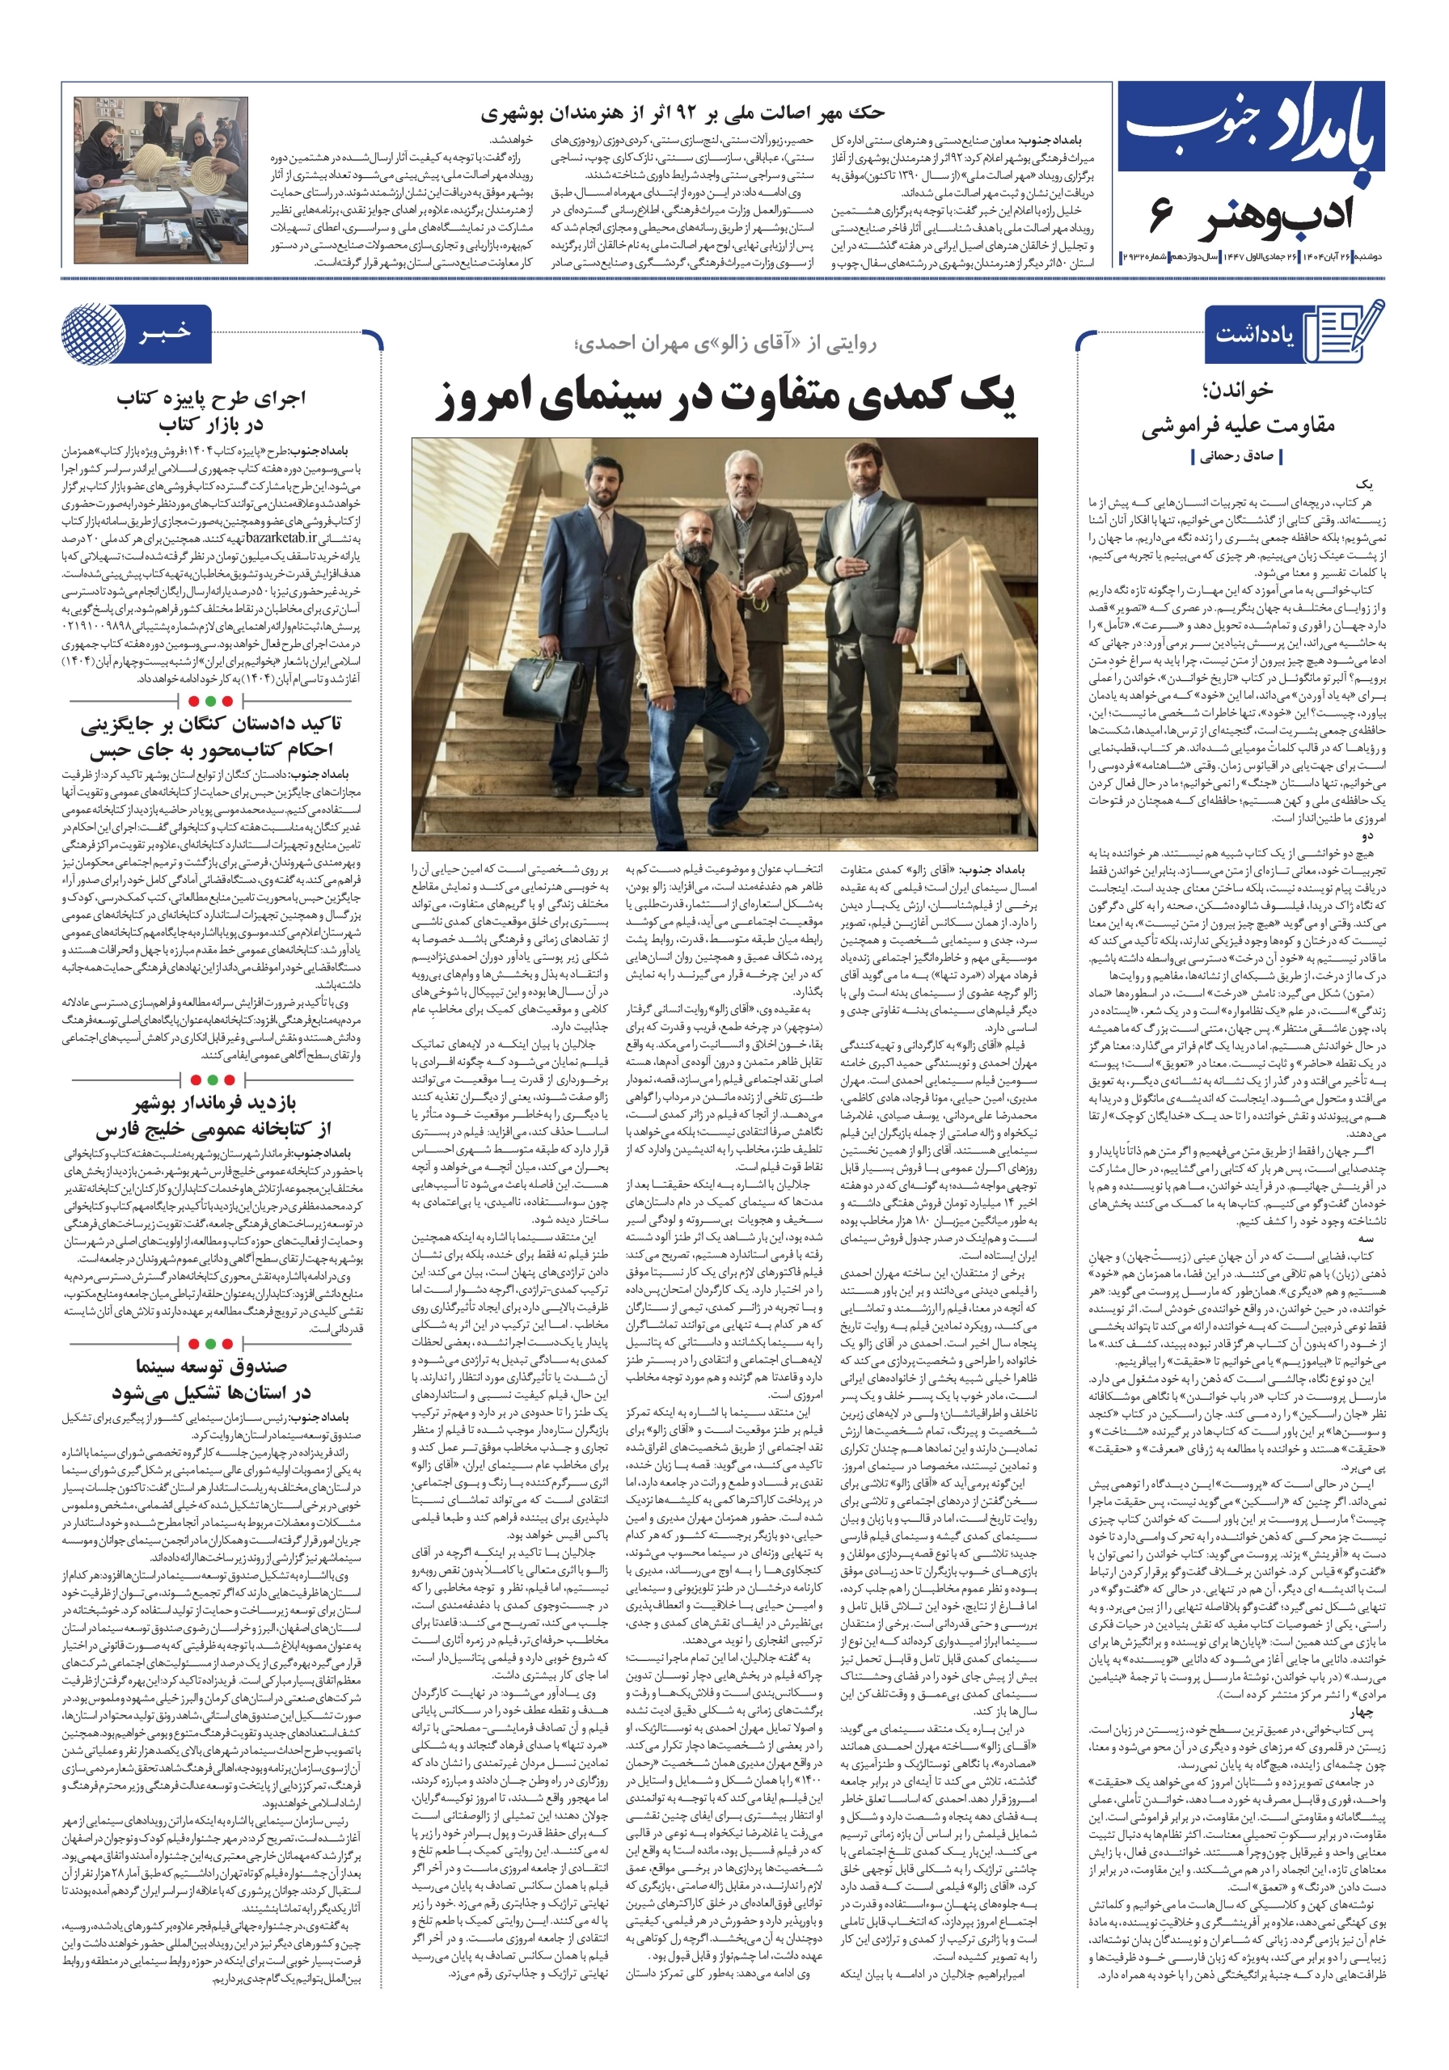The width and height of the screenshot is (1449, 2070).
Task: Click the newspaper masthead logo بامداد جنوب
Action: [x=1248, y=131]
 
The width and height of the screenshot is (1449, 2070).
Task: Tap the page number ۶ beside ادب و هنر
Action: [x=1160, y=214]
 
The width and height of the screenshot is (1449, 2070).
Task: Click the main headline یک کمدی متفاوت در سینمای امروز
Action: [x=726, y=398]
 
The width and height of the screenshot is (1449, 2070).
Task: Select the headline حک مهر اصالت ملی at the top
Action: [x=682, y=112]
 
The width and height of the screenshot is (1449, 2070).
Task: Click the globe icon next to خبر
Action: [x=94, y=334]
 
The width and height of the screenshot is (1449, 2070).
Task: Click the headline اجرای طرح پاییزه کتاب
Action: [x=211, y=410]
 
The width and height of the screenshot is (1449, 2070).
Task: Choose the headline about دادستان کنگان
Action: [x=211, y=736]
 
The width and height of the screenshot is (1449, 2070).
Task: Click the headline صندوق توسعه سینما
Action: [x=211, y=1379]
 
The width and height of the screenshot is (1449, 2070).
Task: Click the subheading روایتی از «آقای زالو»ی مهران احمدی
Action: [x=725, y=344]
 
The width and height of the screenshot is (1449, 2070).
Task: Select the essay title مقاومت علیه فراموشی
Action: [x=1238, y=425]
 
